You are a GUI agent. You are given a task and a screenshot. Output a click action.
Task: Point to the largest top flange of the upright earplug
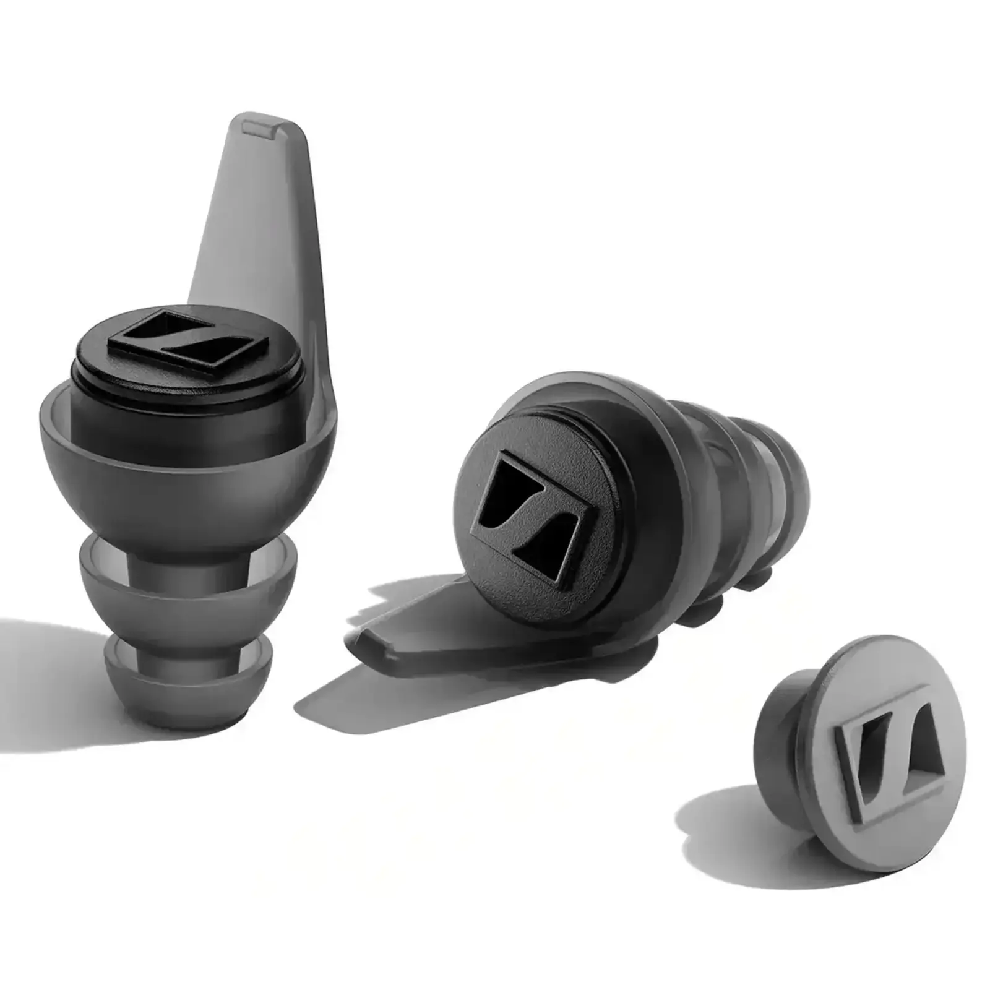pyautogui.click(x=186, y=470)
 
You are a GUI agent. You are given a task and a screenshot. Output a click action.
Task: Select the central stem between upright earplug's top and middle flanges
pyautogui.click(x=186, y=544)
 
